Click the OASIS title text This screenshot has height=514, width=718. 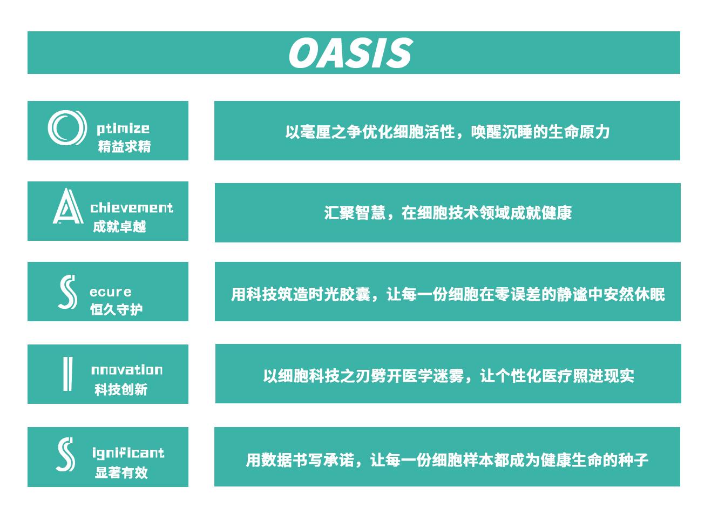350,52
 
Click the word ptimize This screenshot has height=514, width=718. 123,129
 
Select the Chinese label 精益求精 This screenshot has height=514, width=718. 124,146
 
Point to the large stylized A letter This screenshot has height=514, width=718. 68,206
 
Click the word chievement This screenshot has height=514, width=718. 132,208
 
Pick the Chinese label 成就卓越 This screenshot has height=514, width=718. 119,227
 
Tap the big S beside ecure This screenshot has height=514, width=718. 67,292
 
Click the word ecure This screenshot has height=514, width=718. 111,292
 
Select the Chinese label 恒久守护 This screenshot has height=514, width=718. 116,309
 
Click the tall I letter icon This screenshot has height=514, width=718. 68,374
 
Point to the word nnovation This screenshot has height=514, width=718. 127,370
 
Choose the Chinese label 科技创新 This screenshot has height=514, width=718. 121,390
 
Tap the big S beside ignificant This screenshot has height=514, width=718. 66,455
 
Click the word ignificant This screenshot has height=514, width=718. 128,453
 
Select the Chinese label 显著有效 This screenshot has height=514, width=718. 121,472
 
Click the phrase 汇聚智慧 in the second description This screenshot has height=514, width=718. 355,213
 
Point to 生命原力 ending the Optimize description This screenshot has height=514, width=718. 579,132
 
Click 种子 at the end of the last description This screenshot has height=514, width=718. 633,460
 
